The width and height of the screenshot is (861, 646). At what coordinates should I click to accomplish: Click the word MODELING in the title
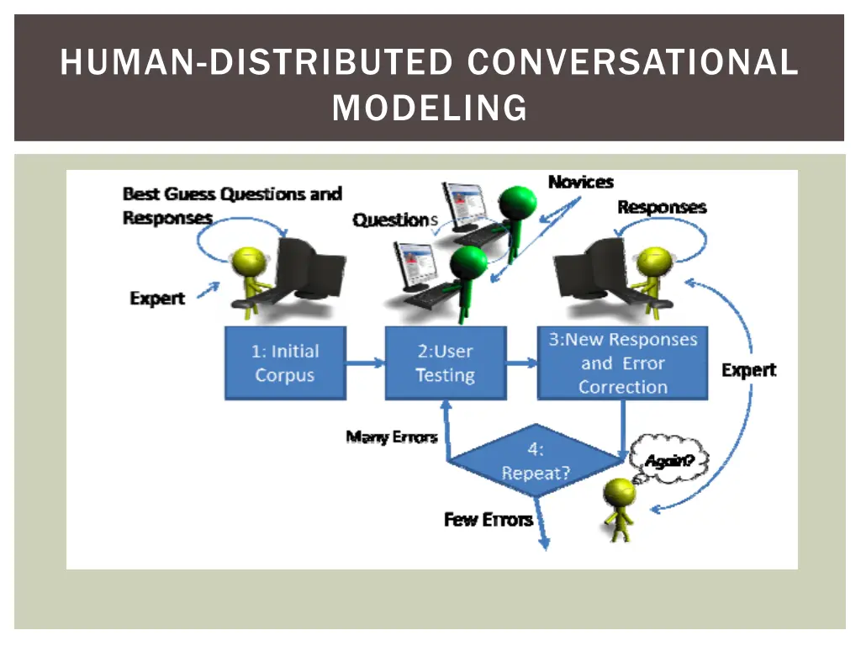[x=430, y=108]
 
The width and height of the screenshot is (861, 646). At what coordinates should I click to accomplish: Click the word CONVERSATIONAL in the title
[x=631, y=63]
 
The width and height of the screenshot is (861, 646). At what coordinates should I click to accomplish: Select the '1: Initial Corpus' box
[x=285, y=363]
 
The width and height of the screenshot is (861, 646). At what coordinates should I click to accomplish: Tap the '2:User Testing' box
[x=445, y=363]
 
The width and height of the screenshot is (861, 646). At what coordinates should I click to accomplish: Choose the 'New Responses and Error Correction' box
[x=622, y=363]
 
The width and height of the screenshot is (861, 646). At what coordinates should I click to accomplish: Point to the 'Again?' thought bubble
[x=670, y=461]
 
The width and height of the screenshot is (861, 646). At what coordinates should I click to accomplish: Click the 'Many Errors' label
[x=392, y=437]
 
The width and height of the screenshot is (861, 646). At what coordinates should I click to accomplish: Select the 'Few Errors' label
[x=488, y=520]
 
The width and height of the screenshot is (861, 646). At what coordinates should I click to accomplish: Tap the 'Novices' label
[x=580, y=182]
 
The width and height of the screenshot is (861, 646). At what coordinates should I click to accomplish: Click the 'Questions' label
[x=395, y=220]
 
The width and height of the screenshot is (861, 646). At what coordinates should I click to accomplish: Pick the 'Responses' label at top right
[x=662, y=207]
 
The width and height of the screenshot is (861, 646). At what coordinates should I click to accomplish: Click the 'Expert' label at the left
[x=157, y=299]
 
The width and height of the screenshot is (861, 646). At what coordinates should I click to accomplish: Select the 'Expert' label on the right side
[x=748, y=370]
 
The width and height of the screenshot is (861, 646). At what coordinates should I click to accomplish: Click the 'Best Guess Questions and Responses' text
[x=231, y=205]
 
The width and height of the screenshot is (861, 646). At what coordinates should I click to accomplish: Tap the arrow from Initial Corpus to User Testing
[x=365, y=363]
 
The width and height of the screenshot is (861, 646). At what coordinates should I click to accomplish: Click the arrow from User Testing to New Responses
[x=521, y=363]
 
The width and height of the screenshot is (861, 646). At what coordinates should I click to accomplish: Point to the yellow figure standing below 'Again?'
[x=621, y=508]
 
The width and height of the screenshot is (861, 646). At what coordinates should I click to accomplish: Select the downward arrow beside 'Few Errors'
[x=542, y=526]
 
